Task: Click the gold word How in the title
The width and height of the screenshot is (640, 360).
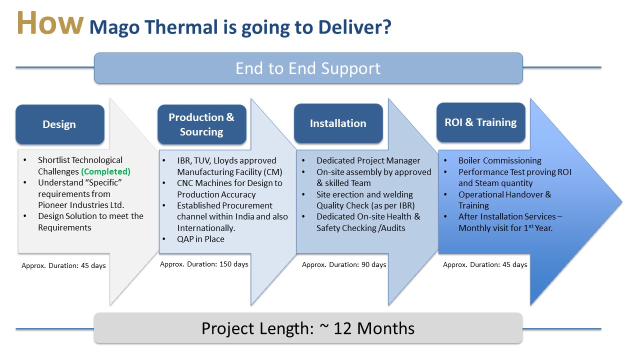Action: (x=50, y=23)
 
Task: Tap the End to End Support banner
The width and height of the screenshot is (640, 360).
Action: (x=308, y=68)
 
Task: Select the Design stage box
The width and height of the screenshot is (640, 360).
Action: (x=59, y=124)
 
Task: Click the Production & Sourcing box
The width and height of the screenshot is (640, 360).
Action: (x=201, y=124)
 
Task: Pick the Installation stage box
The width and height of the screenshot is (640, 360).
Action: (x=338, y=123)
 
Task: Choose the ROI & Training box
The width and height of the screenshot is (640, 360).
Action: (x=481, y=122)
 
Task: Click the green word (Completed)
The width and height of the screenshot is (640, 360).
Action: (x=105, y=171)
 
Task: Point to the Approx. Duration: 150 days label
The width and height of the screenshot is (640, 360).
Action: (x=204, y=264)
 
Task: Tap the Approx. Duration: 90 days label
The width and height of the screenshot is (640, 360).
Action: (x=344, y=265)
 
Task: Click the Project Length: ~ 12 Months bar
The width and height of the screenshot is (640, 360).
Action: (x=308, y=328)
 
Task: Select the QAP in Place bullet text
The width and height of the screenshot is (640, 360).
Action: (x=200, y=239)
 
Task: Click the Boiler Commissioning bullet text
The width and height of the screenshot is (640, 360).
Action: (x=499, y=160)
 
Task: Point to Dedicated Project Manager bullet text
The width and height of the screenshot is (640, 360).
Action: (x=368, y=160)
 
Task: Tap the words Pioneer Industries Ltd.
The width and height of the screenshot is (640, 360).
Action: (x=81, y=205)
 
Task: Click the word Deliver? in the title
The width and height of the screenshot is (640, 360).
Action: (x=354, y=27)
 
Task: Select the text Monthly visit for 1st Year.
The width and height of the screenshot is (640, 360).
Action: (x=505, y=228)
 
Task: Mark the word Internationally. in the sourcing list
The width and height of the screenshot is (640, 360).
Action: (x=206, y=228)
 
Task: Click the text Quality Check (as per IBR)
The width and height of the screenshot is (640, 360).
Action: (x=365, y=205)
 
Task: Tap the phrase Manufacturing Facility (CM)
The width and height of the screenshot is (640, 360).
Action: (x=229, y=172)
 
